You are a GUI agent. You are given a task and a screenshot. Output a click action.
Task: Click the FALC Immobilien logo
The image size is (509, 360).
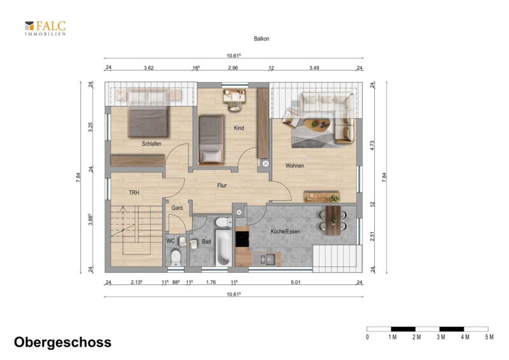click(x=45, y=28)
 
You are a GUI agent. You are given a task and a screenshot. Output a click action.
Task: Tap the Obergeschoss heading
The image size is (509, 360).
click(x=62, y=342)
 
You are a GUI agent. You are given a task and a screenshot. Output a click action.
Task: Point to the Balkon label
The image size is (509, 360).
click(x=261, y=39)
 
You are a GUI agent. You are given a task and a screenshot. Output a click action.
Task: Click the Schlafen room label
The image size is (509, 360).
click(x=151, y=144)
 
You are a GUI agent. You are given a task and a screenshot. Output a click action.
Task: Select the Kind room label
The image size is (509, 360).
click(x=239, y=128)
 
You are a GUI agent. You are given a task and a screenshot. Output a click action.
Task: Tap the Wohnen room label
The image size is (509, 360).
click(x=295, y=165)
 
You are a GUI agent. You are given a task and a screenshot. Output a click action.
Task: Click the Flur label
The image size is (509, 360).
click(x=222, y=185)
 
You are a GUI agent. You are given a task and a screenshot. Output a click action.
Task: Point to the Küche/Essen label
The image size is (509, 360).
click(x=285, y=232)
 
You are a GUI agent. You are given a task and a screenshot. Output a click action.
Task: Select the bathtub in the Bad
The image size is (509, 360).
click(x=223, y=247)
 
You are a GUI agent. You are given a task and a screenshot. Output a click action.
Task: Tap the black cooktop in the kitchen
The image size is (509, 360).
click(x=242, y=239)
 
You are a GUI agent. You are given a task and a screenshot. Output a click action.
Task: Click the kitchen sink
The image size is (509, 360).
click(x=267, y=259)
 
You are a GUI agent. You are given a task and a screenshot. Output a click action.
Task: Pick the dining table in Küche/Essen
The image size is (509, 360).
click(x=333, y=220)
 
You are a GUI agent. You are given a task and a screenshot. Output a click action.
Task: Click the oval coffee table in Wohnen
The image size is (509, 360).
click(x=319, y=125)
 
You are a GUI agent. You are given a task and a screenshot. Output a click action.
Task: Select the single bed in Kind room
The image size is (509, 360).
click(x=211, y=139)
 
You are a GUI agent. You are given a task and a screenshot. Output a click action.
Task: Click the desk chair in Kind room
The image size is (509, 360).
click(x=234, y=106)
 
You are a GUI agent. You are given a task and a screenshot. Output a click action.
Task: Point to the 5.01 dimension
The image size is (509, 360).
click(x=295, y=282)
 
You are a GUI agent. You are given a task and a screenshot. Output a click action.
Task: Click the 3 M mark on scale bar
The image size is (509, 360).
click(x=440, y=337)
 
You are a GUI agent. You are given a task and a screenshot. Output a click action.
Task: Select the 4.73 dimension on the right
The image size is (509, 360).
click(x=372, y=145)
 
